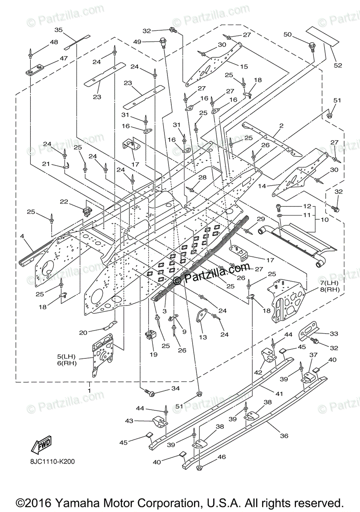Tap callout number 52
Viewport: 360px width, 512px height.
click(x=338, y=65)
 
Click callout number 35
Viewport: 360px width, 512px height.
click(x=59, y=30)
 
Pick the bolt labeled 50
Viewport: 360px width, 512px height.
click(x=312, y=44)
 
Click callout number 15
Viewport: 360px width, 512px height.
click(x=244, y=67)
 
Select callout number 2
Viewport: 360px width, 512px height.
click(x=281, y=126)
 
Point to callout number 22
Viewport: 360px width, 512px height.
click(x=64, y=201)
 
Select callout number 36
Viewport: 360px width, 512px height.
click(x=284, y=436)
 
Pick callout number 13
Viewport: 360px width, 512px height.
click(x=202, y=337)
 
